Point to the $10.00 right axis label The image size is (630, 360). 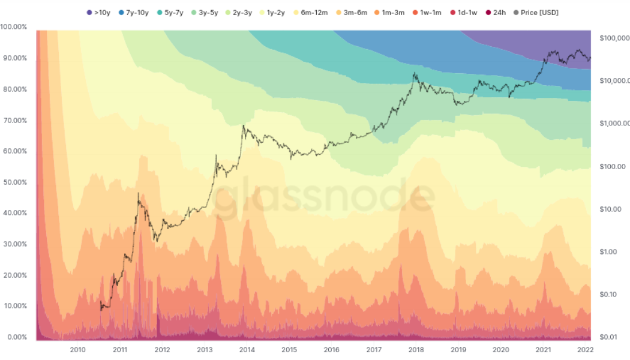click(x=610, y=209)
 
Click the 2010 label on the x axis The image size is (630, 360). click(x=77, y=350)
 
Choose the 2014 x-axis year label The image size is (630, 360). click(x=247, y=350)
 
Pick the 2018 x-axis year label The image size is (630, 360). click(x=416, y=350)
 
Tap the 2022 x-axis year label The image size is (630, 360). click(x=585, y=350)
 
